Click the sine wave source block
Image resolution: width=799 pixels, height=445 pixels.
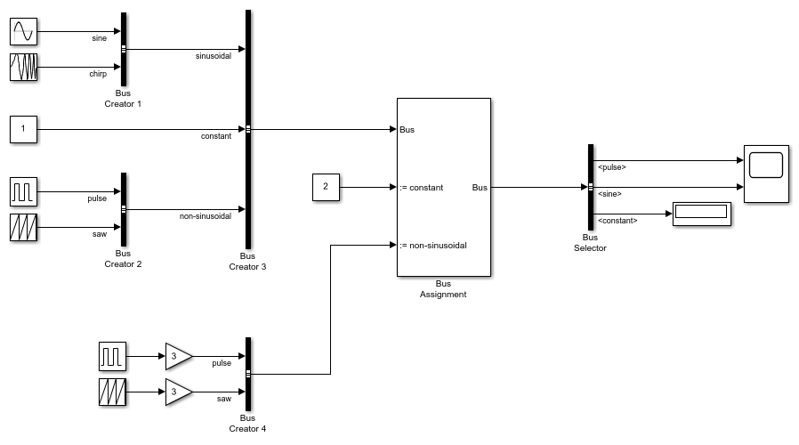[23, 32]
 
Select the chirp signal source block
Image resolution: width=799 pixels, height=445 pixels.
[23, 68]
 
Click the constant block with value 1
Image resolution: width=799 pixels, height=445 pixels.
[23, 130]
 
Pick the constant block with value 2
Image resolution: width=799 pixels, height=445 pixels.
[326, 188]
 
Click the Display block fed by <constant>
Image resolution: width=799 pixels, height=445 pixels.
[701, 214]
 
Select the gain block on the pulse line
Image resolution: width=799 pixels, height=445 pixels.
[178, 357]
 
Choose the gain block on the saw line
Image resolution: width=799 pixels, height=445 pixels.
[178, 392]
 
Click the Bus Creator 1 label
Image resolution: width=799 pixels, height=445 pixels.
[123, 98]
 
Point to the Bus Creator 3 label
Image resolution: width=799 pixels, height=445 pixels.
[247, 261]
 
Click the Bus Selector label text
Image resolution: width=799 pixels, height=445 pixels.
[590, 243]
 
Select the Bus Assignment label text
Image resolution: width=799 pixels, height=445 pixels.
[443, 289]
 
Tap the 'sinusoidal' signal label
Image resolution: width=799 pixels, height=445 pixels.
[214, 56]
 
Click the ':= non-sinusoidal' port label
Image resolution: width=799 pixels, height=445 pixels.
[433, 245]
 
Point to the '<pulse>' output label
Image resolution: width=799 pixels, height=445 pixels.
[611, 167]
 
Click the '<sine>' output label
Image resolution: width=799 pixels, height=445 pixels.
[609, 193]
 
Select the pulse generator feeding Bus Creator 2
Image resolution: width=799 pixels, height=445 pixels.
[23, 191]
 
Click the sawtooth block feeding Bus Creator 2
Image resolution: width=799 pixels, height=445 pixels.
[23, 227]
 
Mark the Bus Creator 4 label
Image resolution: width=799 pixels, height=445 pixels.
[247, 423]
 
